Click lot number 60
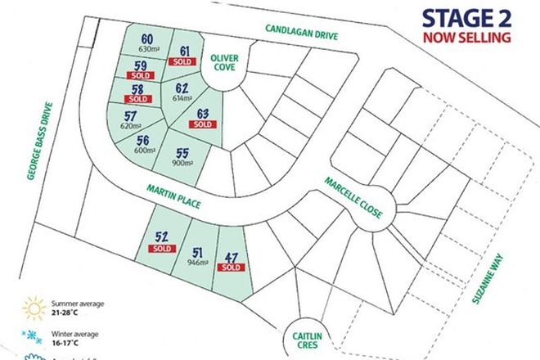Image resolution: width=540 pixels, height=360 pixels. pyautogui.click(x=147, y=38)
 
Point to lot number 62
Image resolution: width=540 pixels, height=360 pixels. pyautogui.click(x=182, y=87)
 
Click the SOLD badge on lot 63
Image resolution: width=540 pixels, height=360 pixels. pyautogui.click(x=203, y=124)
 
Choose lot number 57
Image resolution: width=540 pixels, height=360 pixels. pyautogui.click(x=131, y=116)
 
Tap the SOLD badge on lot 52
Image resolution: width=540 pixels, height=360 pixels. pyautogui.click(x=161, y=248)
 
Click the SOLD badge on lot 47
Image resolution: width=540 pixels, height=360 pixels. pyautogui.click(x=232, y=268)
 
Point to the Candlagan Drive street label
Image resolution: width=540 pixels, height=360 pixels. pyautogui.click(x=301, y=34)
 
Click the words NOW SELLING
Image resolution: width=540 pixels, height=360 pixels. pyautogui.click(x=467, y=37)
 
